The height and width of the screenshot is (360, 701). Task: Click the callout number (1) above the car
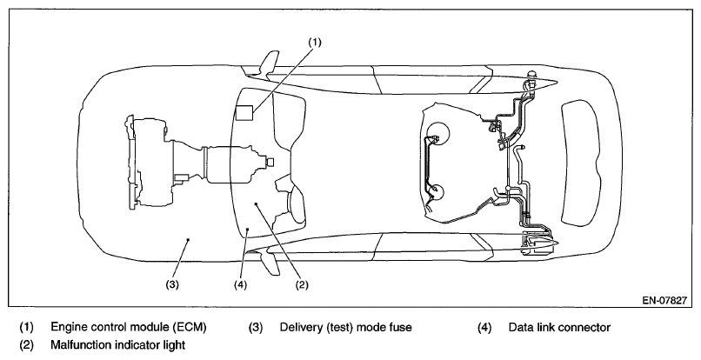click(x=315, y=42)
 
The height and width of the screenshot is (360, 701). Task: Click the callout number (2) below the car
click(x=301, y=285)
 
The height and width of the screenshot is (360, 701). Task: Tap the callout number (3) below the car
click(x=172, y=285)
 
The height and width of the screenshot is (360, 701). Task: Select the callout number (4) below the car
click(x=240, y=285)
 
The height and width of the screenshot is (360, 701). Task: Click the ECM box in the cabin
click(x=244, y=112)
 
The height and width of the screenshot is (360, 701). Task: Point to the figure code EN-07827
click(x=664, y=301)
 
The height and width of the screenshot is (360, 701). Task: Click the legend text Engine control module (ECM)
click(x=129, y=327)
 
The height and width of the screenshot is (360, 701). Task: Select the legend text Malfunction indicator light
click(x=118, y=345)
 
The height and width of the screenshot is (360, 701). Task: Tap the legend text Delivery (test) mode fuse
click(x=345, y=327)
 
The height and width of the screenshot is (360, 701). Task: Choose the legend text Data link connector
click(x=559, y=327)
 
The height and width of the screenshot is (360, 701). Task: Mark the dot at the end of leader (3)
click(x=188, y=240)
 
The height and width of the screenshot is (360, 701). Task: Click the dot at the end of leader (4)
click(x=249, y=229)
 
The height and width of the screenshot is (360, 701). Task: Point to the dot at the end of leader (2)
click(x=256, y=203)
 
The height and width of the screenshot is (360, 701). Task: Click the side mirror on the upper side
click(x=269, y=65)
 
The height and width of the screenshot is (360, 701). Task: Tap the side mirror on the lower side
click(x=269, y=262)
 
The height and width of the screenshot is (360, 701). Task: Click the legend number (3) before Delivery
click(x=256, y=327)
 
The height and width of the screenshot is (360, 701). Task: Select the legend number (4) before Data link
click(x=484, y=327)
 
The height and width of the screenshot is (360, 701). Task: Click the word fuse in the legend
click(x=402, y=327)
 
